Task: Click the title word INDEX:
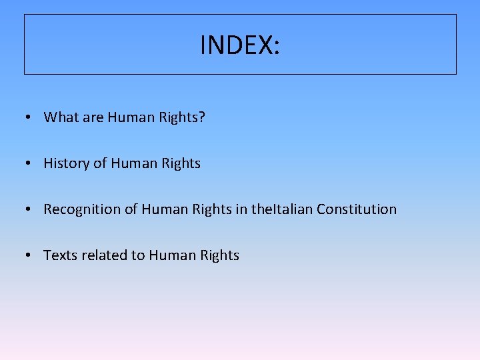240,45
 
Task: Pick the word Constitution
357,209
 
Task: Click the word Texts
60,255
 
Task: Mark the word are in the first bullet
93,118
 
